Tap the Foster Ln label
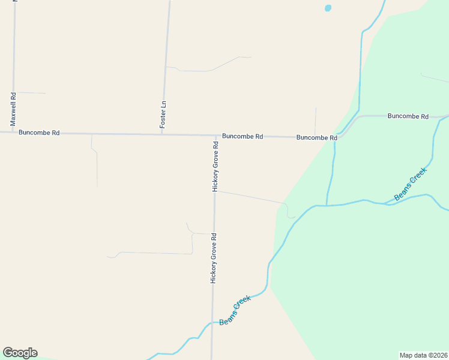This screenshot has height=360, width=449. pos(163,113)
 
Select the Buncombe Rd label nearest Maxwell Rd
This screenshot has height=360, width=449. pos(39,133)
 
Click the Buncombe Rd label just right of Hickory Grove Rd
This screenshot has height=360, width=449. pos(243,136)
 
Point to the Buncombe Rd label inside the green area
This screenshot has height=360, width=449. pos(408,116)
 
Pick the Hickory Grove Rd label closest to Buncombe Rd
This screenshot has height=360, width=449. pos(215,167)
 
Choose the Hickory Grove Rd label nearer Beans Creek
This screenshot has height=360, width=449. pos(212,258)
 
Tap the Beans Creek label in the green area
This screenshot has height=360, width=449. pos(411,184)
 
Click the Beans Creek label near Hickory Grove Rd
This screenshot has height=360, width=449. pos(235,310)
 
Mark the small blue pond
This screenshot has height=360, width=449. pos(328,8)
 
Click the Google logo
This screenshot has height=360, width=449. pos(20,353)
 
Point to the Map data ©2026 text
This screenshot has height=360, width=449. pos(423,355)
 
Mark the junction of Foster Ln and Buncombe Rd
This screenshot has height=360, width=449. pos(162,134)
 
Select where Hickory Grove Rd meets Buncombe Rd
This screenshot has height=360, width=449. pos(215,135)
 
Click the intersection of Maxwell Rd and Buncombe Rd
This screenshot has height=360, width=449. pos(13,132)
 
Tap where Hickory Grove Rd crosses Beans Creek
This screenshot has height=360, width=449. pos(211,323)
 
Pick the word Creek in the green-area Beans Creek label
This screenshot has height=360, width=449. pos(418,178)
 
